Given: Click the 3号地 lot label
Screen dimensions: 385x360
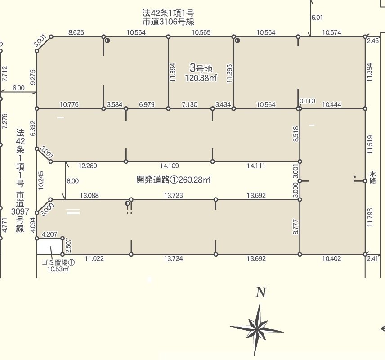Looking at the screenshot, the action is point(201,68).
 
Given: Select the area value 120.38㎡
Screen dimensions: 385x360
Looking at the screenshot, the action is point(201,78).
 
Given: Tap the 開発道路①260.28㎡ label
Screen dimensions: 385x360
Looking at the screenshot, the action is point(173,180).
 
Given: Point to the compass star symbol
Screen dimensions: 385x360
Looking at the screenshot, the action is point(257,329).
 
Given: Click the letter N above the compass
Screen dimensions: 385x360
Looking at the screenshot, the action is point(261,292).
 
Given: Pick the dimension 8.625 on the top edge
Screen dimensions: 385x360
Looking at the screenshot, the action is point(76,32).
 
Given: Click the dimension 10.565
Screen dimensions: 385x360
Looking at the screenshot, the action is point(201,32).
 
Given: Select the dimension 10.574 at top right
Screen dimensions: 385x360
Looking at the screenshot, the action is point(331,32).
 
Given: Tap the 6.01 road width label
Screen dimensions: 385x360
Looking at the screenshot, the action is point(317,18).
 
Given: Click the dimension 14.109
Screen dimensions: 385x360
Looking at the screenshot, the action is point(170,166).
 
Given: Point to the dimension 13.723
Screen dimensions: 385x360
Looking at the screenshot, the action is point(173,196).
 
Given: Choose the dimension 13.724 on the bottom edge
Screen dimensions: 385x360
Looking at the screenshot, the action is point(173,258).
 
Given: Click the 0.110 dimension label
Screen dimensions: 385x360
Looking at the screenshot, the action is point(307,101).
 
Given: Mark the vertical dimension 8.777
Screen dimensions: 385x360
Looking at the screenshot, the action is point(296,227).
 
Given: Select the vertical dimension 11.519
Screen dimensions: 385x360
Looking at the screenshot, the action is point(370,144).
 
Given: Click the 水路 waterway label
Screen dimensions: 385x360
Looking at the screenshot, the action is point(373,178).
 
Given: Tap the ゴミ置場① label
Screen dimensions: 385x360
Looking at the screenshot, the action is point(58,262).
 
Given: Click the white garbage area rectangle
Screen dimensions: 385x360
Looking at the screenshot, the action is point(49,247).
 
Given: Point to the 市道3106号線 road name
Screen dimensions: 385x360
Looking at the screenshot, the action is point(168,22).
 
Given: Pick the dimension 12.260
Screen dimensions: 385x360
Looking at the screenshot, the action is point(88,166).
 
